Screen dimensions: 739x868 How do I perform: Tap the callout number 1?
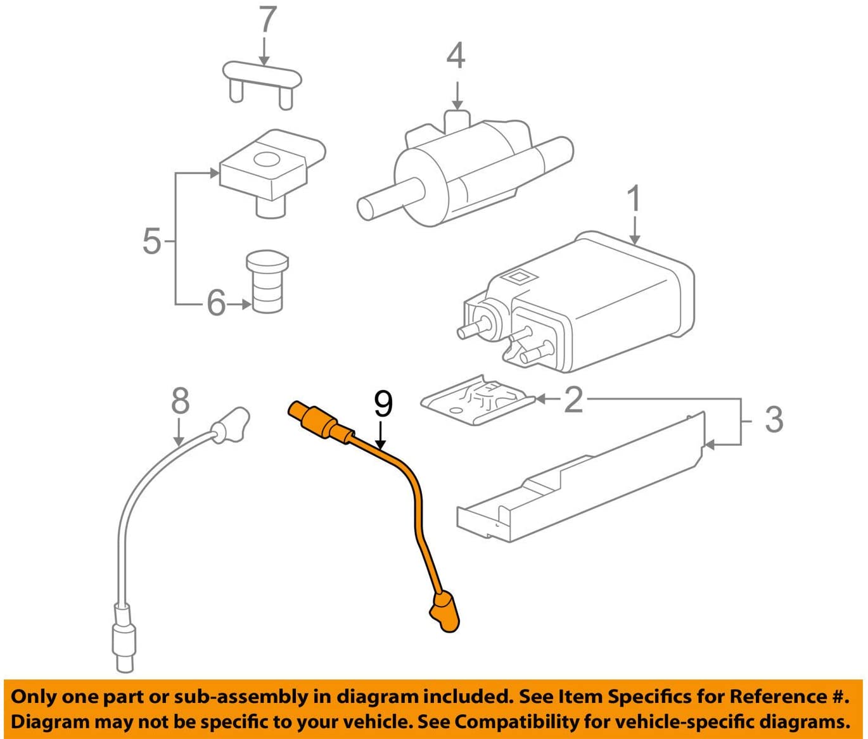(x=634, y=199)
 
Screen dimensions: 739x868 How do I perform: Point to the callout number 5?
(x=151, y=241)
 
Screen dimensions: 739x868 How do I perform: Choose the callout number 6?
(x=216, y=303)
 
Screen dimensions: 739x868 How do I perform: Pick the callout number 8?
(x=181, y=401)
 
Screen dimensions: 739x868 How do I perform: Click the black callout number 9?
(x=383, y=405)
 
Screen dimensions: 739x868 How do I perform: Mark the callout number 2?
(x=573, y=400)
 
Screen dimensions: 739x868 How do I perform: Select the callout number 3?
(x=774, y=420)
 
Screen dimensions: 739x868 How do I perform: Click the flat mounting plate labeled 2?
(x=476, y=401)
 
